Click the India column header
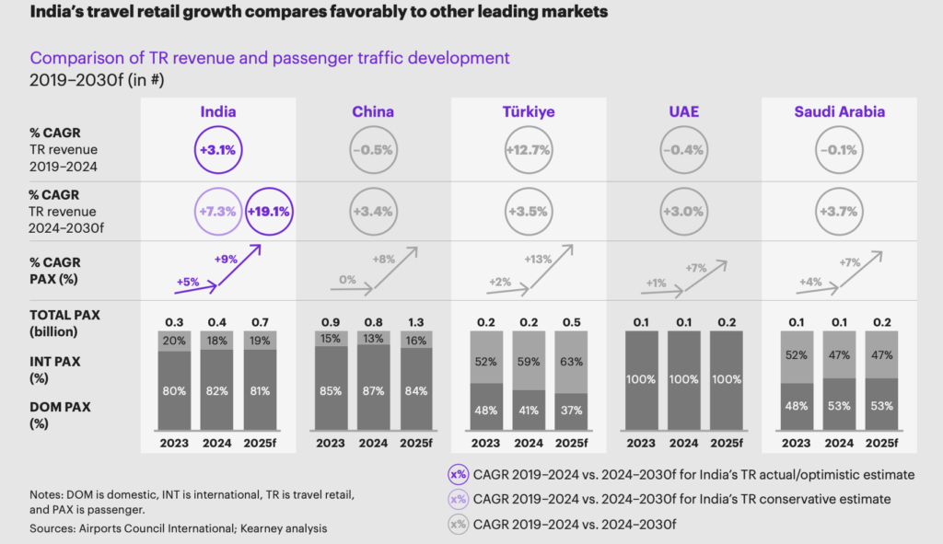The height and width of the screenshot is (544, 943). [x=218, y=112]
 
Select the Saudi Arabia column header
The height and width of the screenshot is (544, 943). [x=840, y=112]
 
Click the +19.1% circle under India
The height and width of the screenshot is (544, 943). [x=268, y=212]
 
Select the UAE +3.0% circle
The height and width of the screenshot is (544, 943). [x=684, y=212]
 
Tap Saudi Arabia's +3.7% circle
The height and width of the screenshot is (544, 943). [x=839, y=212]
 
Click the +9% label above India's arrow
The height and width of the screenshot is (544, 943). [x=226, y=260]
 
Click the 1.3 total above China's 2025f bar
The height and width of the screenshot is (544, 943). [x=415, y=322]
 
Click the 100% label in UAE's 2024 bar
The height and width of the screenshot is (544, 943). [x=684, y=378]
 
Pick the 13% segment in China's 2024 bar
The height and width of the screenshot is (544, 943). [x=373, y=339]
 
